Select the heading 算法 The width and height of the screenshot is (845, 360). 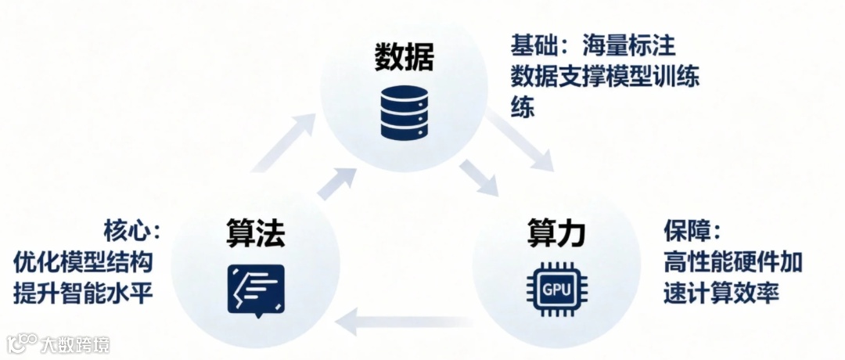255,232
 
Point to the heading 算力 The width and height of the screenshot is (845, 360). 556,232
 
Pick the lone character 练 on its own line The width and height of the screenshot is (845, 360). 523,108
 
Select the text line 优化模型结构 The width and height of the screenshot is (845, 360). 84,261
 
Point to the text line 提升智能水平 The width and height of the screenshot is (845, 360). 84,292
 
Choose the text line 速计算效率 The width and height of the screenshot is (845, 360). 721,292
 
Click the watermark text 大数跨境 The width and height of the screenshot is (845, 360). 75,344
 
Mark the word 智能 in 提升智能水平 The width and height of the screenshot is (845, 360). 84,292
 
